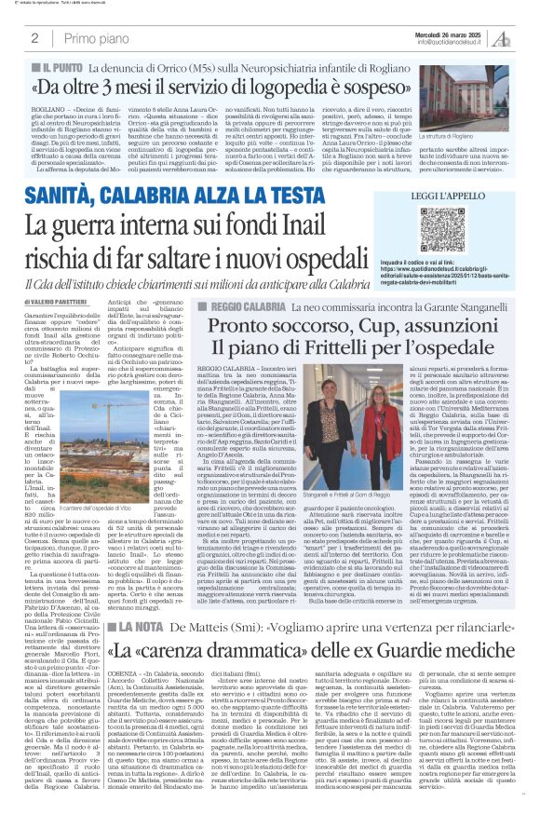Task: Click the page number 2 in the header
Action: [x=34, y=38]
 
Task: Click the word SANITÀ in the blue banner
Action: [x=89, y=195]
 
